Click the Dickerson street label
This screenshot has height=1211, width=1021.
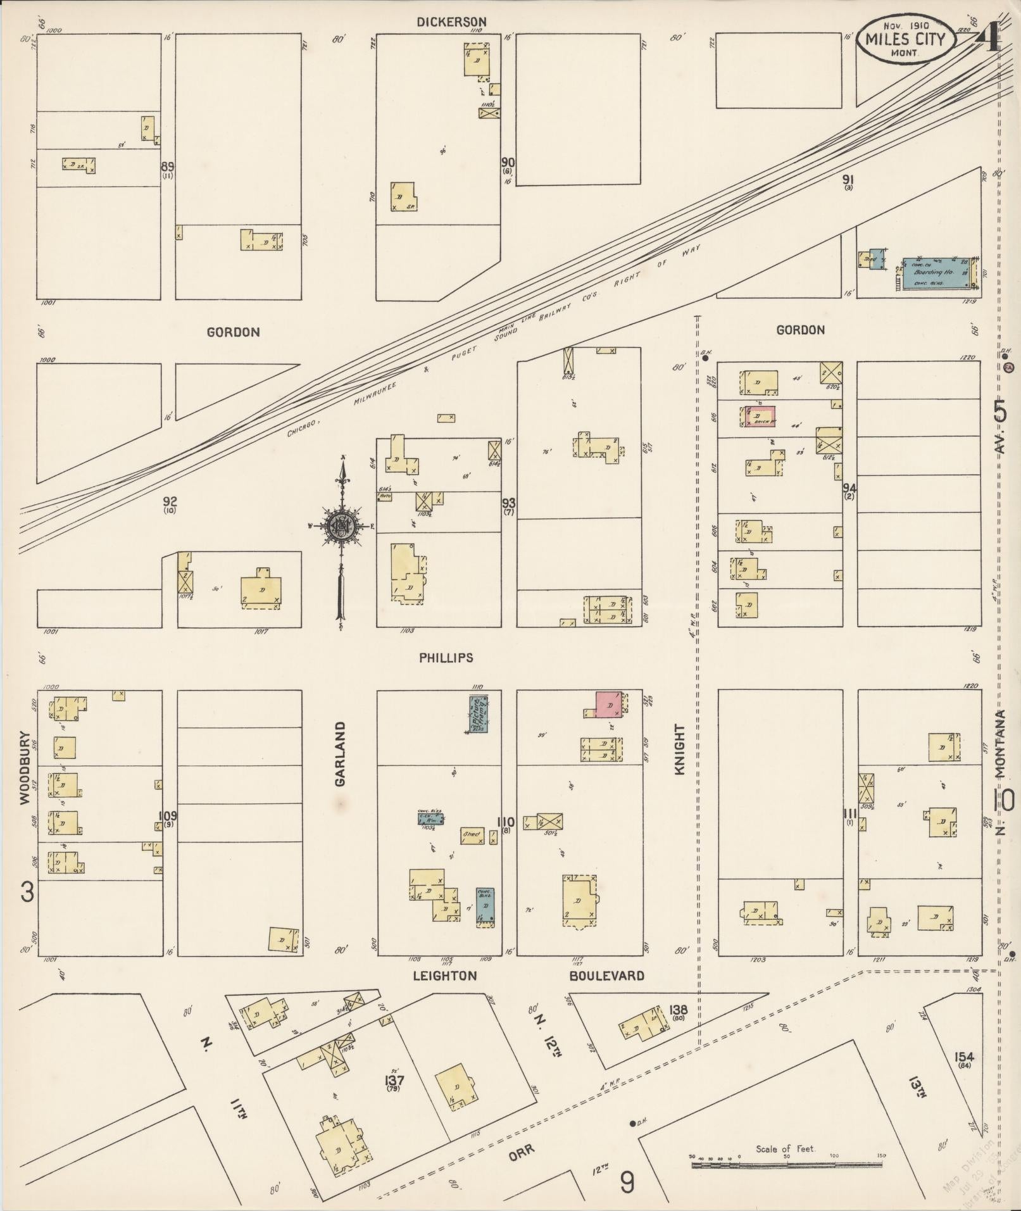point(451,22)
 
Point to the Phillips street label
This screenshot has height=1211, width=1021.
point(446,658)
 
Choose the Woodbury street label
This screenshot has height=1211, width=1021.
point(25,767)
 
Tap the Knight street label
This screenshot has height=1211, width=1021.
point(680,750)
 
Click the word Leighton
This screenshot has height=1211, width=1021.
point(444,976)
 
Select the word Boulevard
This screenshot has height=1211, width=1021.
point(606,976)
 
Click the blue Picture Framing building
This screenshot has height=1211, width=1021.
point(479,713)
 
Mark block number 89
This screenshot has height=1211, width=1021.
point(167,167)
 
